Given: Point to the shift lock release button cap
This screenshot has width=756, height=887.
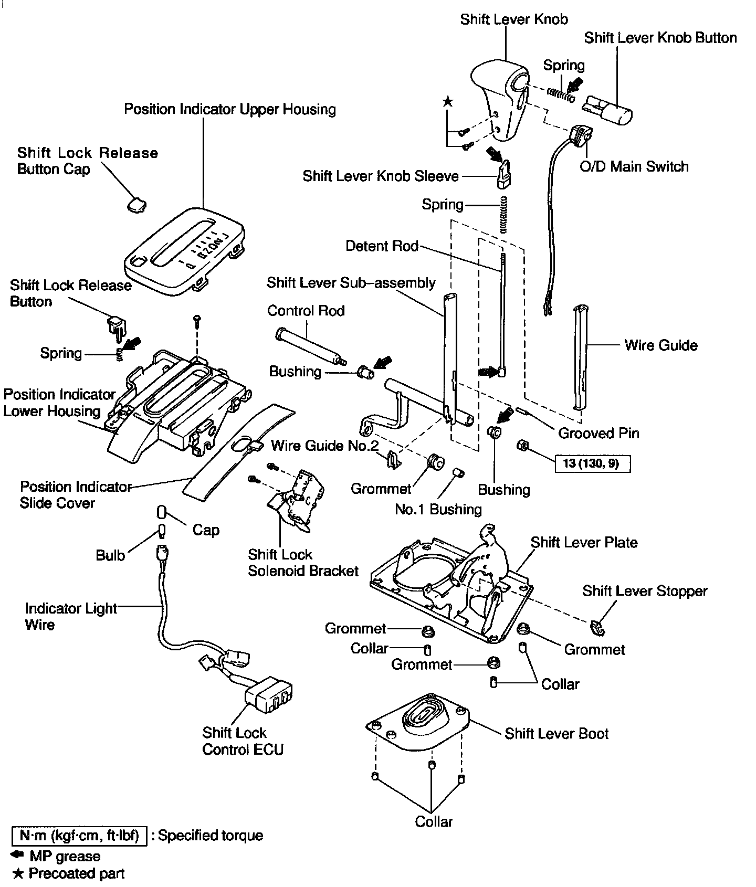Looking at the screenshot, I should click(x=135, y=204).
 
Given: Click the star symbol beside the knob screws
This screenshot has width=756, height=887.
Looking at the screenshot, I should click(x=447, y=102).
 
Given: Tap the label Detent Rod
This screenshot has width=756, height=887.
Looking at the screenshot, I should click(x=382, y=246).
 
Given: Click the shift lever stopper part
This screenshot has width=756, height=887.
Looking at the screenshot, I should click(x=596, y=626).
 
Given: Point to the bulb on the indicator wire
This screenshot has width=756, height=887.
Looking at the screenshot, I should click(x=161, y=531).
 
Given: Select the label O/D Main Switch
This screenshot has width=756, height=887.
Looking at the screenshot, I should click(x=634, y=167).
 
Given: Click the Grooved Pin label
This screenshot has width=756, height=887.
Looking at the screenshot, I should click(x=598, y=434).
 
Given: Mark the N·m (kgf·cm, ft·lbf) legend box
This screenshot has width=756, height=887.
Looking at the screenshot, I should click(x=78, y=836).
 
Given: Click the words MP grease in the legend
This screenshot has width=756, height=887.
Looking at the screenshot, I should click(x=64, y=857).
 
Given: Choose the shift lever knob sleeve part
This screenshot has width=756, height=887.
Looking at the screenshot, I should click(x=504, y=175).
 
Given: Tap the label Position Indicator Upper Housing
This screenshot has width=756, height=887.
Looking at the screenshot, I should click(x=230, y=110).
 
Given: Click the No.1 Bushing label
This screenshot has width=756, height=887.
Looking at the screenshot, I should click(x=438, y=509).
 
